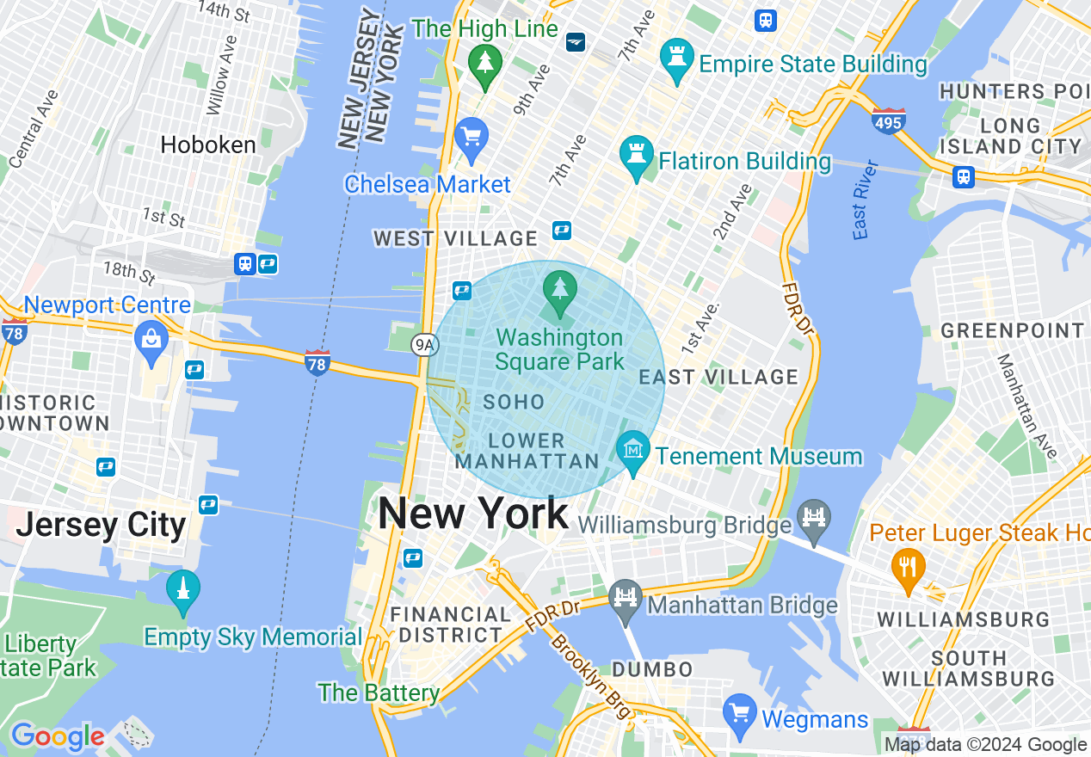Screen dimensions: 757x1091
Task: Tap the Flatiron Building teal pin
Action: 637,157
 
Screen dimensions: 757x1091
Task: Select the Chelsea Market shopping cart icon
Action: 472,138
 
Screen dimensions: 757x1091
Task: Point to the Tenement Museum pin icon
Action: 634,451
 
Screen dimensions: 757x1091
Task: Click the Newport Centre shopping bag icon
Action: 151,340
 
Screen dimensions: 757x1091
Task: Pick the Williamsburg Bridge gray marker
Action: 813,517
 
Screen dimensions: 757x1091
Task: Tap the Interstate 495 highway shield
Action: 888,121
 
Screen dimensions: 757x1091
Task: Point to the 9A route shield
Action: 425,346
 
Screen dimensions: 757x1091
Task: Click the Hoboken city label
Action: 208,145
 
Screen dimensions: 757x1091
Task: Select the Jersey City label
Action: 102,525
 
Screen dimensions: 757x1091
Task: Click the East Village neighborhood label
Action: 718,377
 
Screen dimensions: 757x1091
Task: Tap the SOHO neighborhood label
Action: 514,402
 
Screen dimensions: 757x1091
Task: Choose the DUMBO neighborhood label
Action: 652,669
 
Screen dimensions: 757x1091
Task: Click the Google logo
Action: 57,736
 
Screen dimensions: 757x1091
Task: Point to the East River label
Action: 865,200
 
